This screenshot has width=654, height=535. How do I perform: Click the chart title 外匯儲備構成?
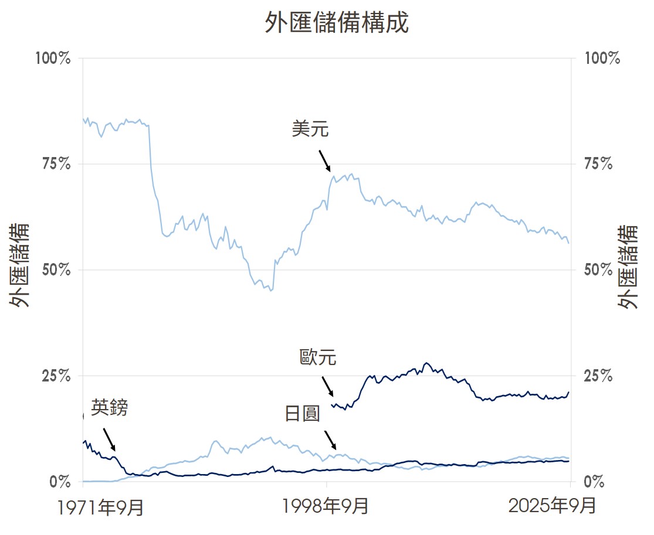336,24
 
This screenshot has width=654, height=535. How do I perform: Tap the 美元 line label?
310,129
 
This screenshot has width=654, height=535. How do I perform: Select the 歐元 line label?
318,358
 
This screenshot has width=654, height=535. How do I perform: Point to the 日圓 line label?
303,414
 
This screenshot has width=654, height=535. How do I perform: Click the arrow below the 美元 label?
325,161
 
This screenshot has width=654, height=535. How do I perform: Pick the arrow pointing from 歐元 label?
327,387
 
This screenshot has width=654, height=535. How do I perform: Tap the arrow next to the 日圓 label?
330,439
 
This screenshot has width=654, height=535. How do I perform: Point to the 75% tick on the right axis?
598,164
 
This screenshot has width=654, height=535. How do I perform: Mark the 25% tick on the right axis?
598,376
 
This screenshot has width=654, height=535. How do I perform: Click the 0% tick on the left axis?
61,482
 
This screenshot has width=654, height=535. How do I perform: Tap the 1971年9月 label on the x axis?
101,506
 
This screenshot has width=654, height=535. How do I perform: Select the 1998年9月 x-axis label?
326,506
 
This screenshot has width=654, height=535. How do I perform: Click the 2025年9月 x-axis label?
552,506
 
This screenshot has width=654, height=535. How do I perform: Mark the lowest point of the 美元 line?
270,291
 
